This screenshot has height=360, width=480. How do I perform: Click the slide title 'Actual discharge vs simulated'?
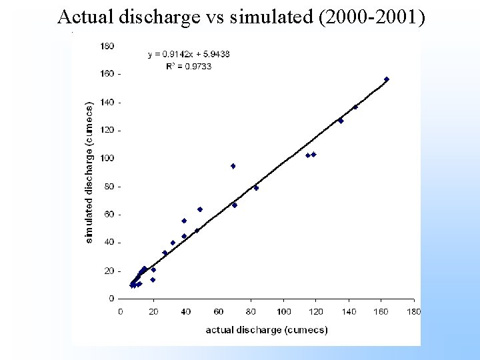180,17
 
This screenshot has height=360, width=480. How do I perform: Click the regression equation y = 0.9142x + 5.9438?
189,54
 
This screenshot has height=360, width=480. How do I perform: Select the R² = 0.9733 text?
189,66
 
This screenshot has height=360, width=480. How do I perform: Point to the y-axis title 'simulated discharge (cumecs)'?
89,172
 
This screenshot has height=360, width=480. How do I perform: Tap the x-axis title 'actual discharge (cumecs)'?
267,330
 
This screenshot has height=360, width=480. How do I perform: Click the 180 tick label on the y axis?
107,46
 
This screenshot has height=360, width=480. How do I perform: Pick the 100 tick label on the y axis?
107,158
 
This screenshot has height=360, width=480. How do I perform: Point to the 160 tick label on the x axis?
381,311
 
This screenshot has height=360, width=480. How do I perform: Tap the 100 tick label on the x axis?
283,311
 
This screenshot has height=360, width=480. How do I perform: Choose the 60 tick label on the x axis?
218,311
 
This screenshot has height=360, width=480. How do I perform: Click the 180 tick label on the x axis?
414,311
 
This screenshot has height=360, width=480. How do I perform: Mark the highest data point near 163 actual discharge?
387,79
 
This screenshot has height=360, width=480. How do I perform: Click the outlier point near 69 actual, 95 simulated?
233,166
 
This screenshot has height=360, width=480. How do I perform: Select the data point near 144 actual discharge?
355,107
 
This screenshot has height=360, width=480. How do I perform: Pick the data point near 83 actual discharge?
256,188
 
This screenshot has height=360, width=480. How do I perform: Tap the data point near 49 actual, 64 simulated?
200,209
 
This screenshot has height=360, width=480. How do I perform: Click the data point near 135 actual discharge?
341,121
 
